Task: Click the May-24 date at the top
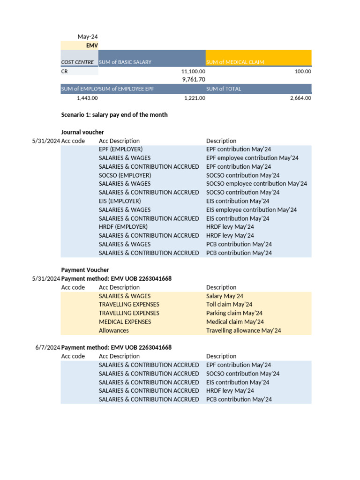point(88,37)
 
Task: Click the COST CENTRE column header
point(77,62)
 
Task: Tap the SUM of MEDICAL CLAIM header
point(235,62)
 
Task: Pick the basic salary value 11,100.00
point(193,71)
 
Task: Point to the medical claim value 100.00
point(302,71)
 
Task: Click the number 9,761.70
point(194,80)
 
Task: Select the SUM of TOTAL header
point(224,89)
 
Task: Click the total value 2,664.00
point(300,98)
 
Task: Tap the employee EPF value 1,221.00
point(195,98)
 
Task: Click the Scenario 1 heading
point(114,115)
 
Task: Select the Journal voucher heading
point(82,132)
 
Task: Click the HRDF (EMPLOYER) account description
point(123,227)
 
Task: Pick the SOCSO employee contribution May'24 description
point(256,184)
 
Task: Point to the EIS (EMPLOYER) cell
point(120,201)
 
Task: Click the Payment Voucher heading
point(85,270)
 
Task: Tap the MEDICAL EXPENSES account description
point(125,322)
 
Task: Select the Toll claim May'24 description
point(229,305)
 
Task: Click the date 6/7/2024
point(47,347)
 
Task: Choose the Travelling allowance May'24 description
point(243,330)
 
